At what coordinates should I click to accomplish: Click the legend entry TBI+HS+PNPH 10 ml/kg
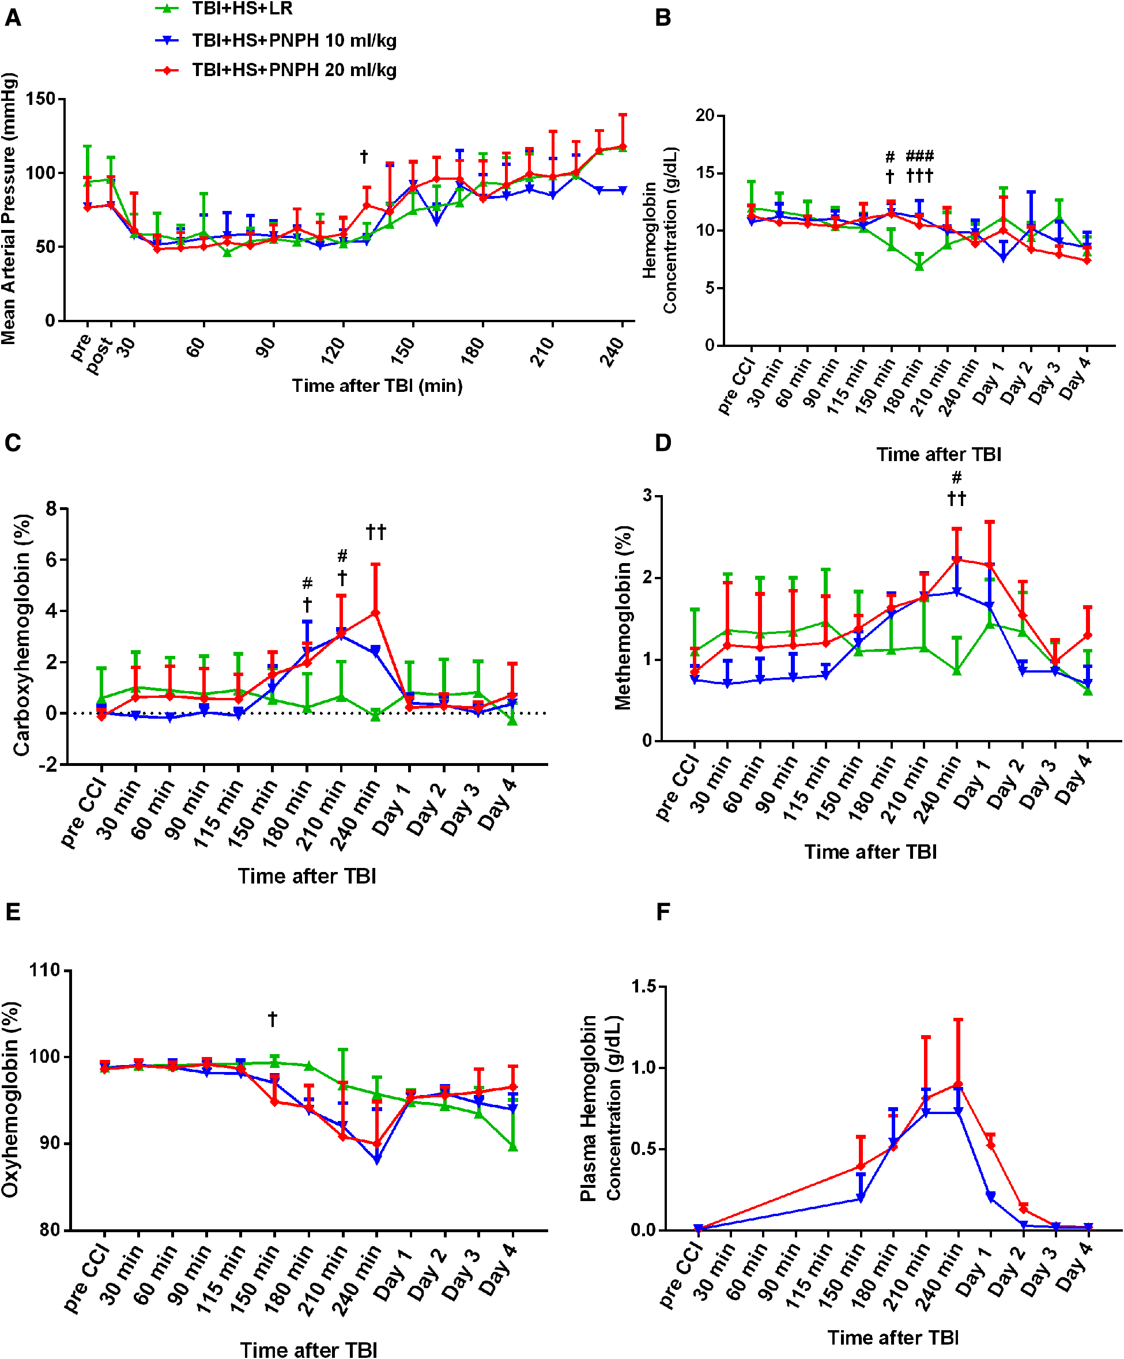point(294,40)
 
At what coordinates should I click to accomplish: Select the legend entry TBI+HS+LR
point(242,9)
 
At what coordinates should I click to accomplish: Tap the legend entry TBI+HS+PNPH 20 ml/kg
point(294,70)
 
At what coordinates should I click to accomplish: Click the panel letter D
point(663,443)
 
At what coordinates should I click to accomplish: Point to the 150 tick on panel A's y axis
point(40,99)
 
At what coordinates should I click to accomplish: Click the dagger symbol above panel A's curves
point(364,156)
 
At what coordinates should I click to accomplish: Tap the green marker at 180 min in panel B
point(919,266)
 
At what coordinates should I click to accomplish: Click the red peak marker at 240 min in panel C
point(375,612)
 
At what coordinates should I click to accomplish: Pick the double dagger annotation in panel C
point(376,532)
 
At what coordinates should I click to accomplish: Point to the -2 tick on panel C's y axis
point(48,765)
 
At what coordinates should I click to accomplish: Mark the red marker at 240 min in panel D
point(957,559)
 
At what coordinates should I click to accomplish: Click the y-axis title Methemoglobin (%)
point(623,618)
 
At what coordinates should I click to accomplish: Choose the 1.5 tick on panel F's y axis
point(644,986)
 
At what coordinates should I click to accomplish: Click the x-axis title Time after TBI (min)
point(376,386)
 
